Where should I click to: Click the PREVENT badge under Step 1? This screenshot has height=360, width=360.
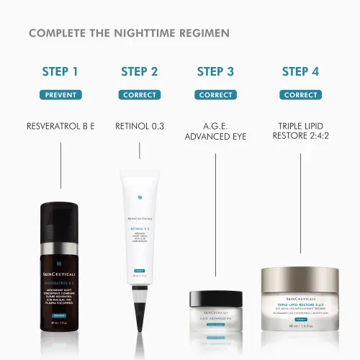click(x=60, y=94)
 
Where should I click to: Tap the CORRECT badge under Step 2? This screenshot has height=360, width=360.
click(x=140, y=94)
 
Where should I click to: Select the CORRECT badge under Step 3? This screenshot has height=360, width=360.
click(x=215, y=94)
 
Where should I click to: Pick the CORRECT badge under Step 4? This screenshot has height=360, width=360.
click(x=300, y=94)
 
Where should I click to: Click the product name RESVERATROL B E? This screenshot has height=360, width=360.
click(x=60, y=126)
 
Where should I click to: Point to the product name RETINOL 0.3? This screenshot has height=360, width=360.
click(x=140, y=126)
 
